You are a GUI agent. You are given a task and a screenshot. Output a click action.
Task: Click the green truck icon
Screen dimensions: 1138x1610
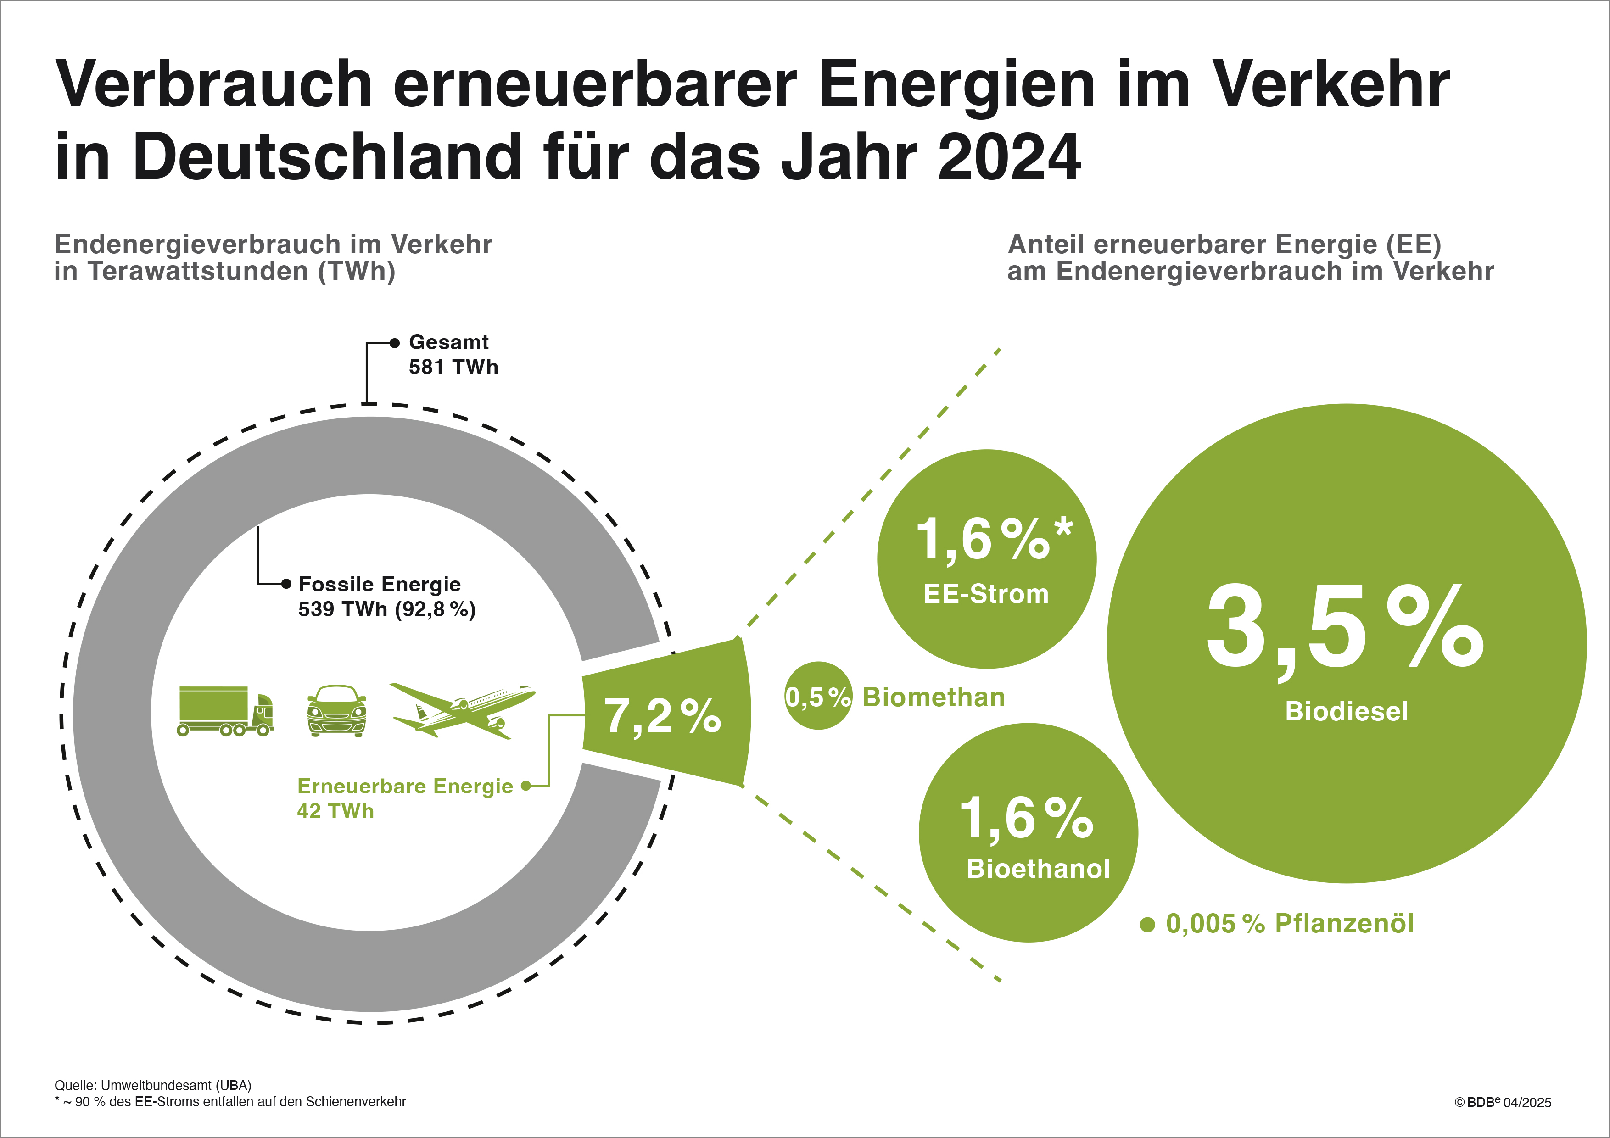pos(225,711)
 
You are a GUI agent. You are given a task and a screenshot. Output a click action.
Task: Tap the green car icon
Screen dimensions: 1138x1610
pos(336,711)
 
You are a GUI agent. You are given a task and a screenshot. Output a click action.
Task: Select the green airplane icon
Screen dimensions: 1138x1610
pos(463,711)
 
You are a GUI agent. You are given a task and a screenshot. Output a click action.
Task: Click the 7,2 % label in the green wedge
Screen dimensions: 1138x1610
pos(663,716)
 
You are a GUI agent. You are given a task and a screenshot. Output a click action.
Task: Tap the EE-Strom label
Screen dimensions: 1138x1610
pos(986,594)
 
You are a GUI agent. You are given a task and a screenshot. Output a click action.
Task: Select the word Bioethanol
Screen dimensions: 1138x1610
pos(1038,869)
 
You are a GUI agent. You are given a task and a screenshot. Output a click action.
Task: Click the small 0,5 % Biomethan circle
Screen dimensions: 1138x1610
pos(818,696)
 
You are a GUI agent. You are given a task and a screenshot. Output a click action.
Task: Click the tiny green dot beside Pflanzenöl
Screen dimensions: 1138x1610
pos(1147,925)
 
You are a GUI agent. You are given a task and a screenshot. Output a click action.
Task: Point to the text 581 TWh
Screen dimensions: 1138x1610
pos(453,367)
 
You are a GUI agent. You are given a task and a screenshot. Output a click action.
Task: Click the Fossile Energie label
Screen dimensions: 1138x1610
pos(380,584)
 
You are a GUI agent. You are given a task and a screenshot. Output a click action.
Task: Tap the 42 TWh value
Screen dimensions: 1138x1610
pos(335,811)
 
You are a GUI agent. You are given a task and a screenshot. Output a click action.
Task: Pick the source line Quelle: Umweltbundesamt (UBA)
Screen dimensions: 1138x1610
pos(153,1085)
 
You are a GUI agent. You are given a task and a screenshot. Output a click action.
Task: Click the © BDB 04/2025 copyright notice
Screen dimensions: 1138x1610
pos(1503,1102)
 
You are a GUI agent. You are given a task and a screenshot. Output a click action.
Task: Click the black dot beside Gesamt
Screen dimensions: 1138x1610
pos(395,343)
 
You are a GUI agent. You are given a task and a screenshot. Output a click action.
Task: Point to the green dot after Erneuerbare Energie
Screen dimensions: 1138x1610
pos(525,786)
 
